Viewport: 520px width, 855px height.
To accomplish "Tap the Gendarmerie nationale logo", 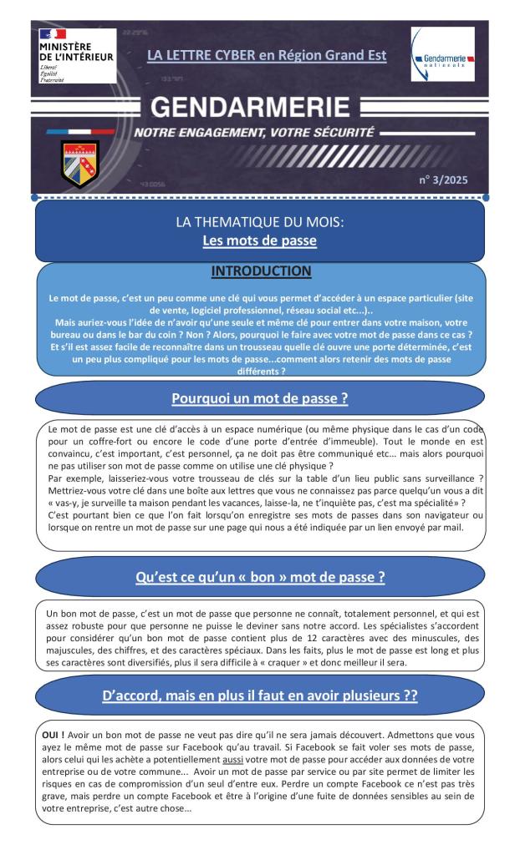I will [443, 54].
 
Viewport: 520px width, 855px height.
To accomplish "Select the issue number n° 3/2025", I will [456, 179].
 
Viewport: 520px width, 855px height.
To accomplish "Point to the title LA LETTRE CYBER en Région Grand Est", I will [267, 57].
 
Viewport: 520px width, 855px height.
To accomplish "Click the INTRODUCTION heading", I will [260, 271].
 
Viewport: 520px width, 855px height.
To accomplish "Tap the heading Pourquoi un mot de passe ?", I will [260, 398].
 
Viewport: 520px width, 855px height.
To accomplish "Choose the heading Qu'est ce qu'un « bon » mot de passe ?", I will [260, 577].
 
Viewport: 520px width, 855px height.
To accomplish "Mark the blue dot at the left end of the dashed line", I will [34, 198].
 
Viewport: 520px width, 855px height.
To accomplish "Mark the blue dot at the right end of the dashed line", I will [486, 198].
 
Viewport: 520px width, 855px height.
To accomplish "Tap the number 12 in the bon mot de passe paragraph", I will [290, 638].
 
